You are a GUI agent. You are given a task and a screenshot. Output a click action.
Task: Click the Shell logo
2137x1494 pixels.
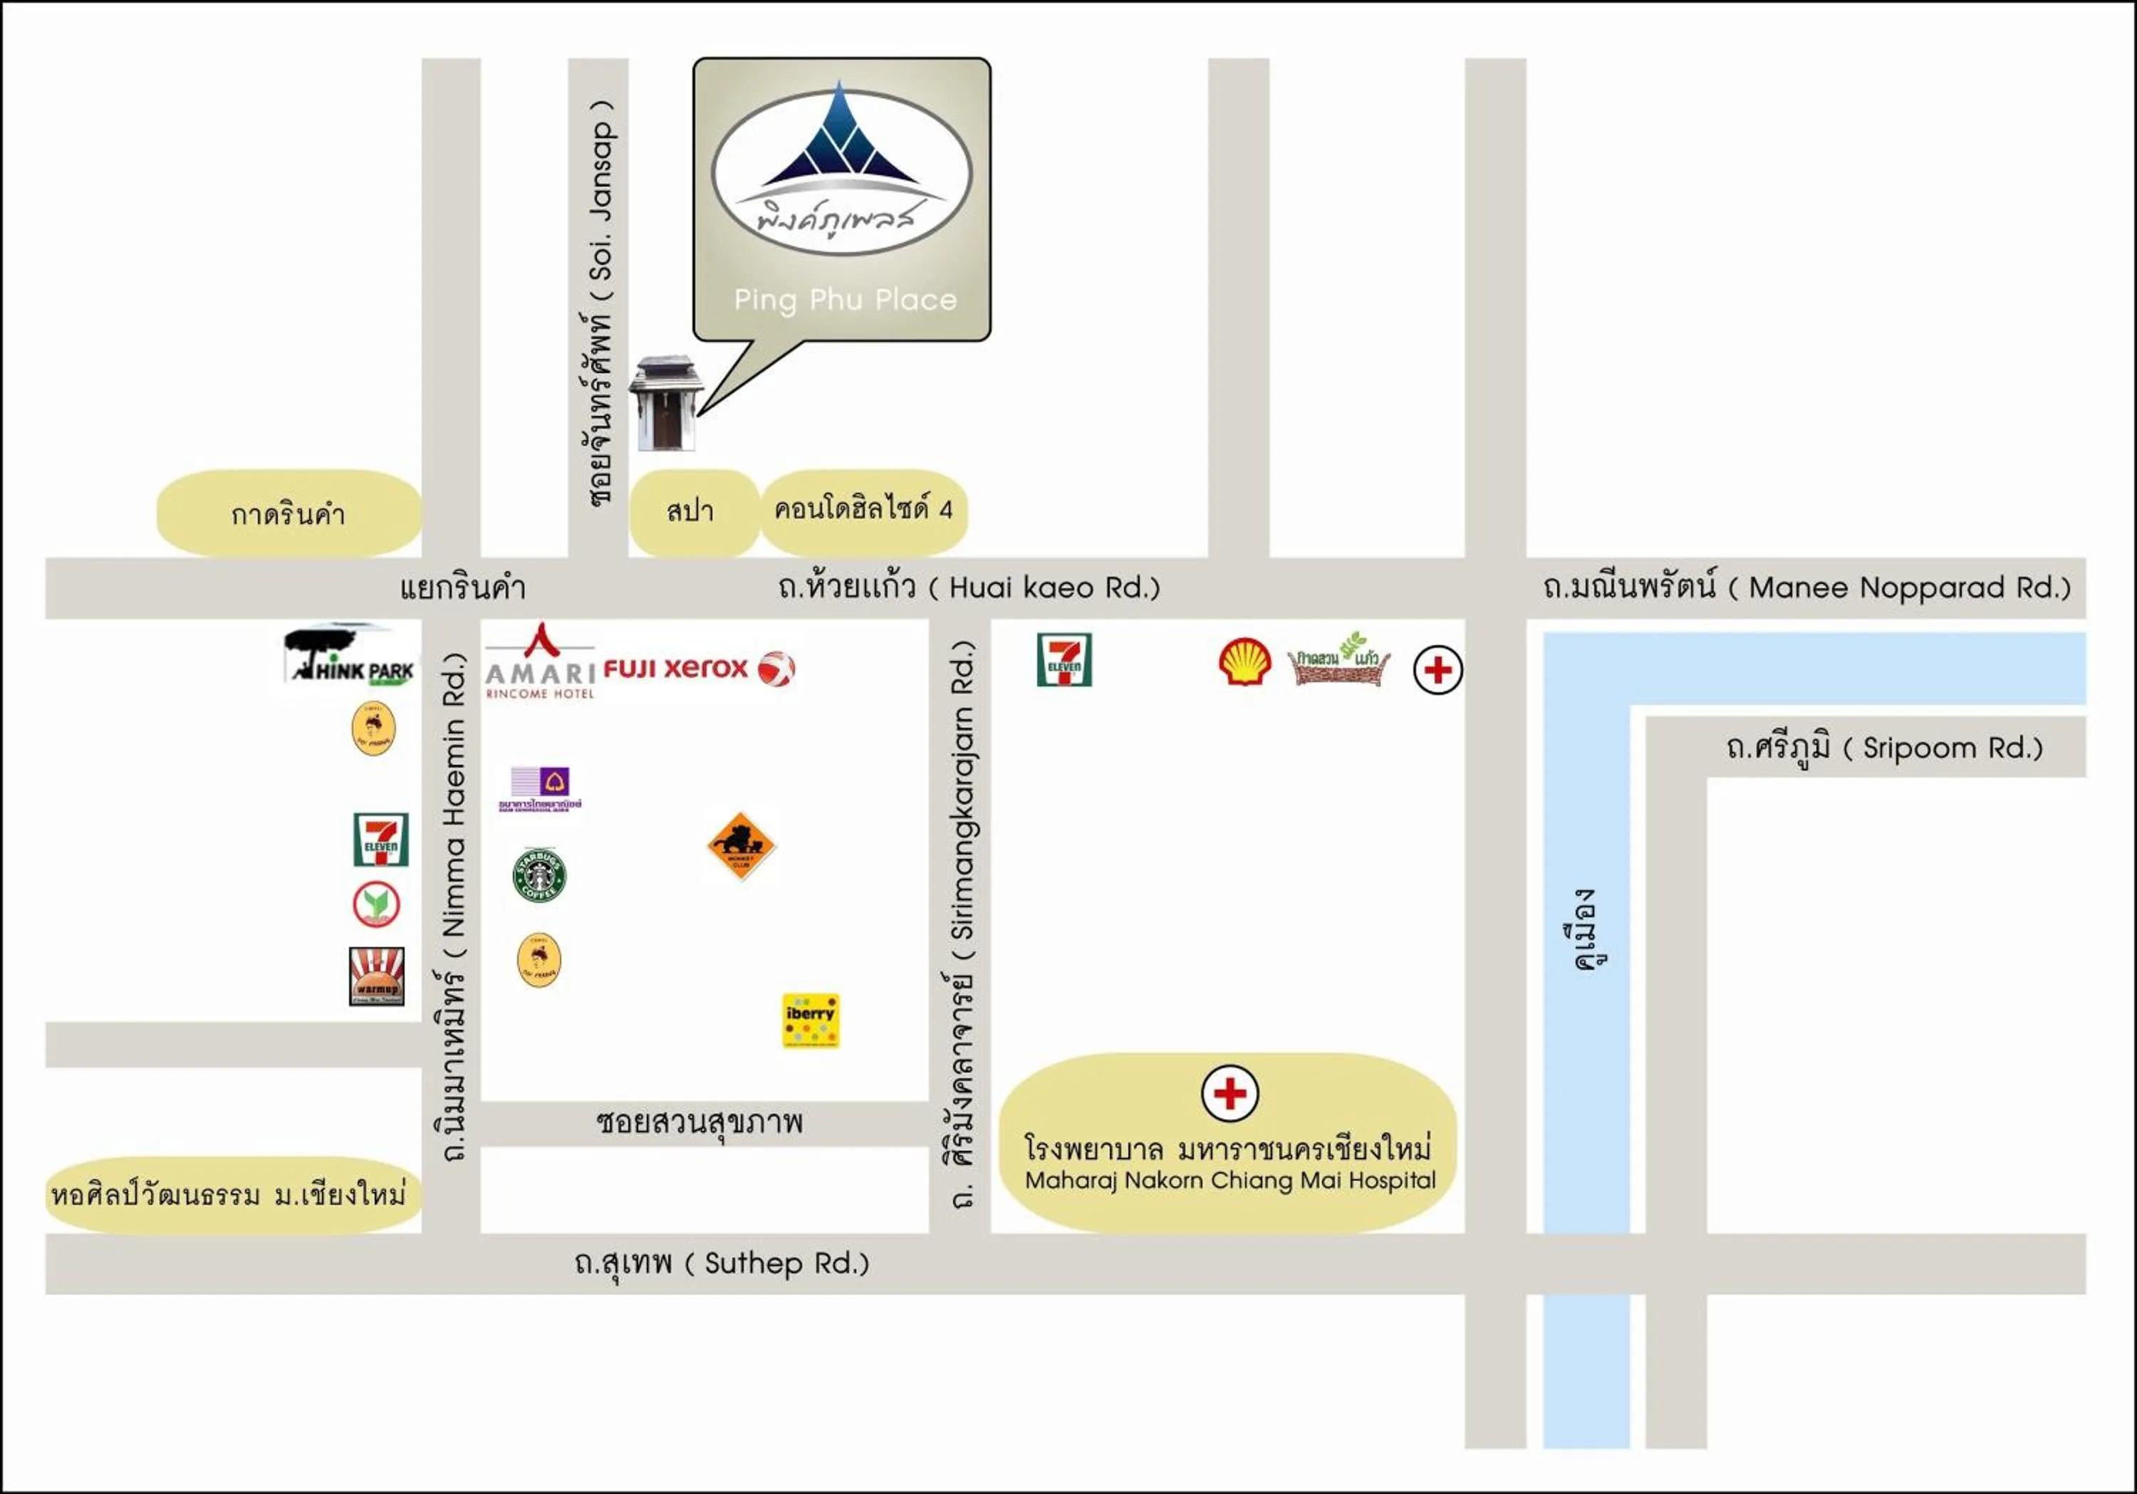click(x=1244, y=662)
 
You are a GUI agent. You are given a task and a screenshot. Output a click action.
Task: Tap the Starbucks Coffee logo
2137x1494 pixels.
click(x=539, y=874)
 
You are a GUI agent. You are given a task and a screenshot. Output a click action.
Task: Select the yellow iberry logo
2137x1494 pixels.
click(x=811, y=1020)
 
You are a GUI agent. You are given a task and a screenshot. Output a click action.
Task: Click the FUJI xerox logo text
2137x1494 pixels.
click(x=676, y=668)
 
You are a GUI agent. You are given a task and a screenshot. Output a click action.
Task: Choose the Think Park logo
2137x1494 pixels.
click(x=350, y=658)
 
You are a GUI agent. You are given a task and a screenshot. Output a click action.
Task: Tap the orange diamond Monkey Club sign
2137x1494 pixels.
click(x=741, y=845)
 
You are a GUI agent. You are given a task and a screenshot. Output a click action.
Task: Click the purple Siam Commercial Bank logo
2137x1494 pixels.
click(x=541, y=788)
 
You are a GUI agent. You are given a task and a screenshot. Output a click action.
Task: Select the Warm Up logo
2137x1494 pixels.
click(x=377, y=976)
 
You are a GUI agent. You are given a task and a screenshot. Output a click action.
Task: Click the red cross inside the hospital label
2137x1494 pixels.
click(x=1229, y=1093)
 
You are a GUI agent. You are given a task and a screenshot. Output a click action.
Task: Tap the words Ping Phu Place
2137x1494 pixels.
click(x=845, y=300)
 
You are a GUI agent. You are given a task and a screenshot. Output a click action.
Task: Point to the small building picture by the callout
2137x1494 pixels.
click(x=665, y=403)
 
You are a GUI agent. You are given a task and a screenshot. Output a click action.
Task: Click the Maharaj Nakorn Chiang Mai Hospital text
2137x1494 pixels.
click(x=1229, y=1181)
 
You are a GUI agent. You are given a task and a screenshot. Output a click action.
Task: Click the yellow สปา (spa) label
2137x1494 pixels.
click(x=692, y=511)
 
